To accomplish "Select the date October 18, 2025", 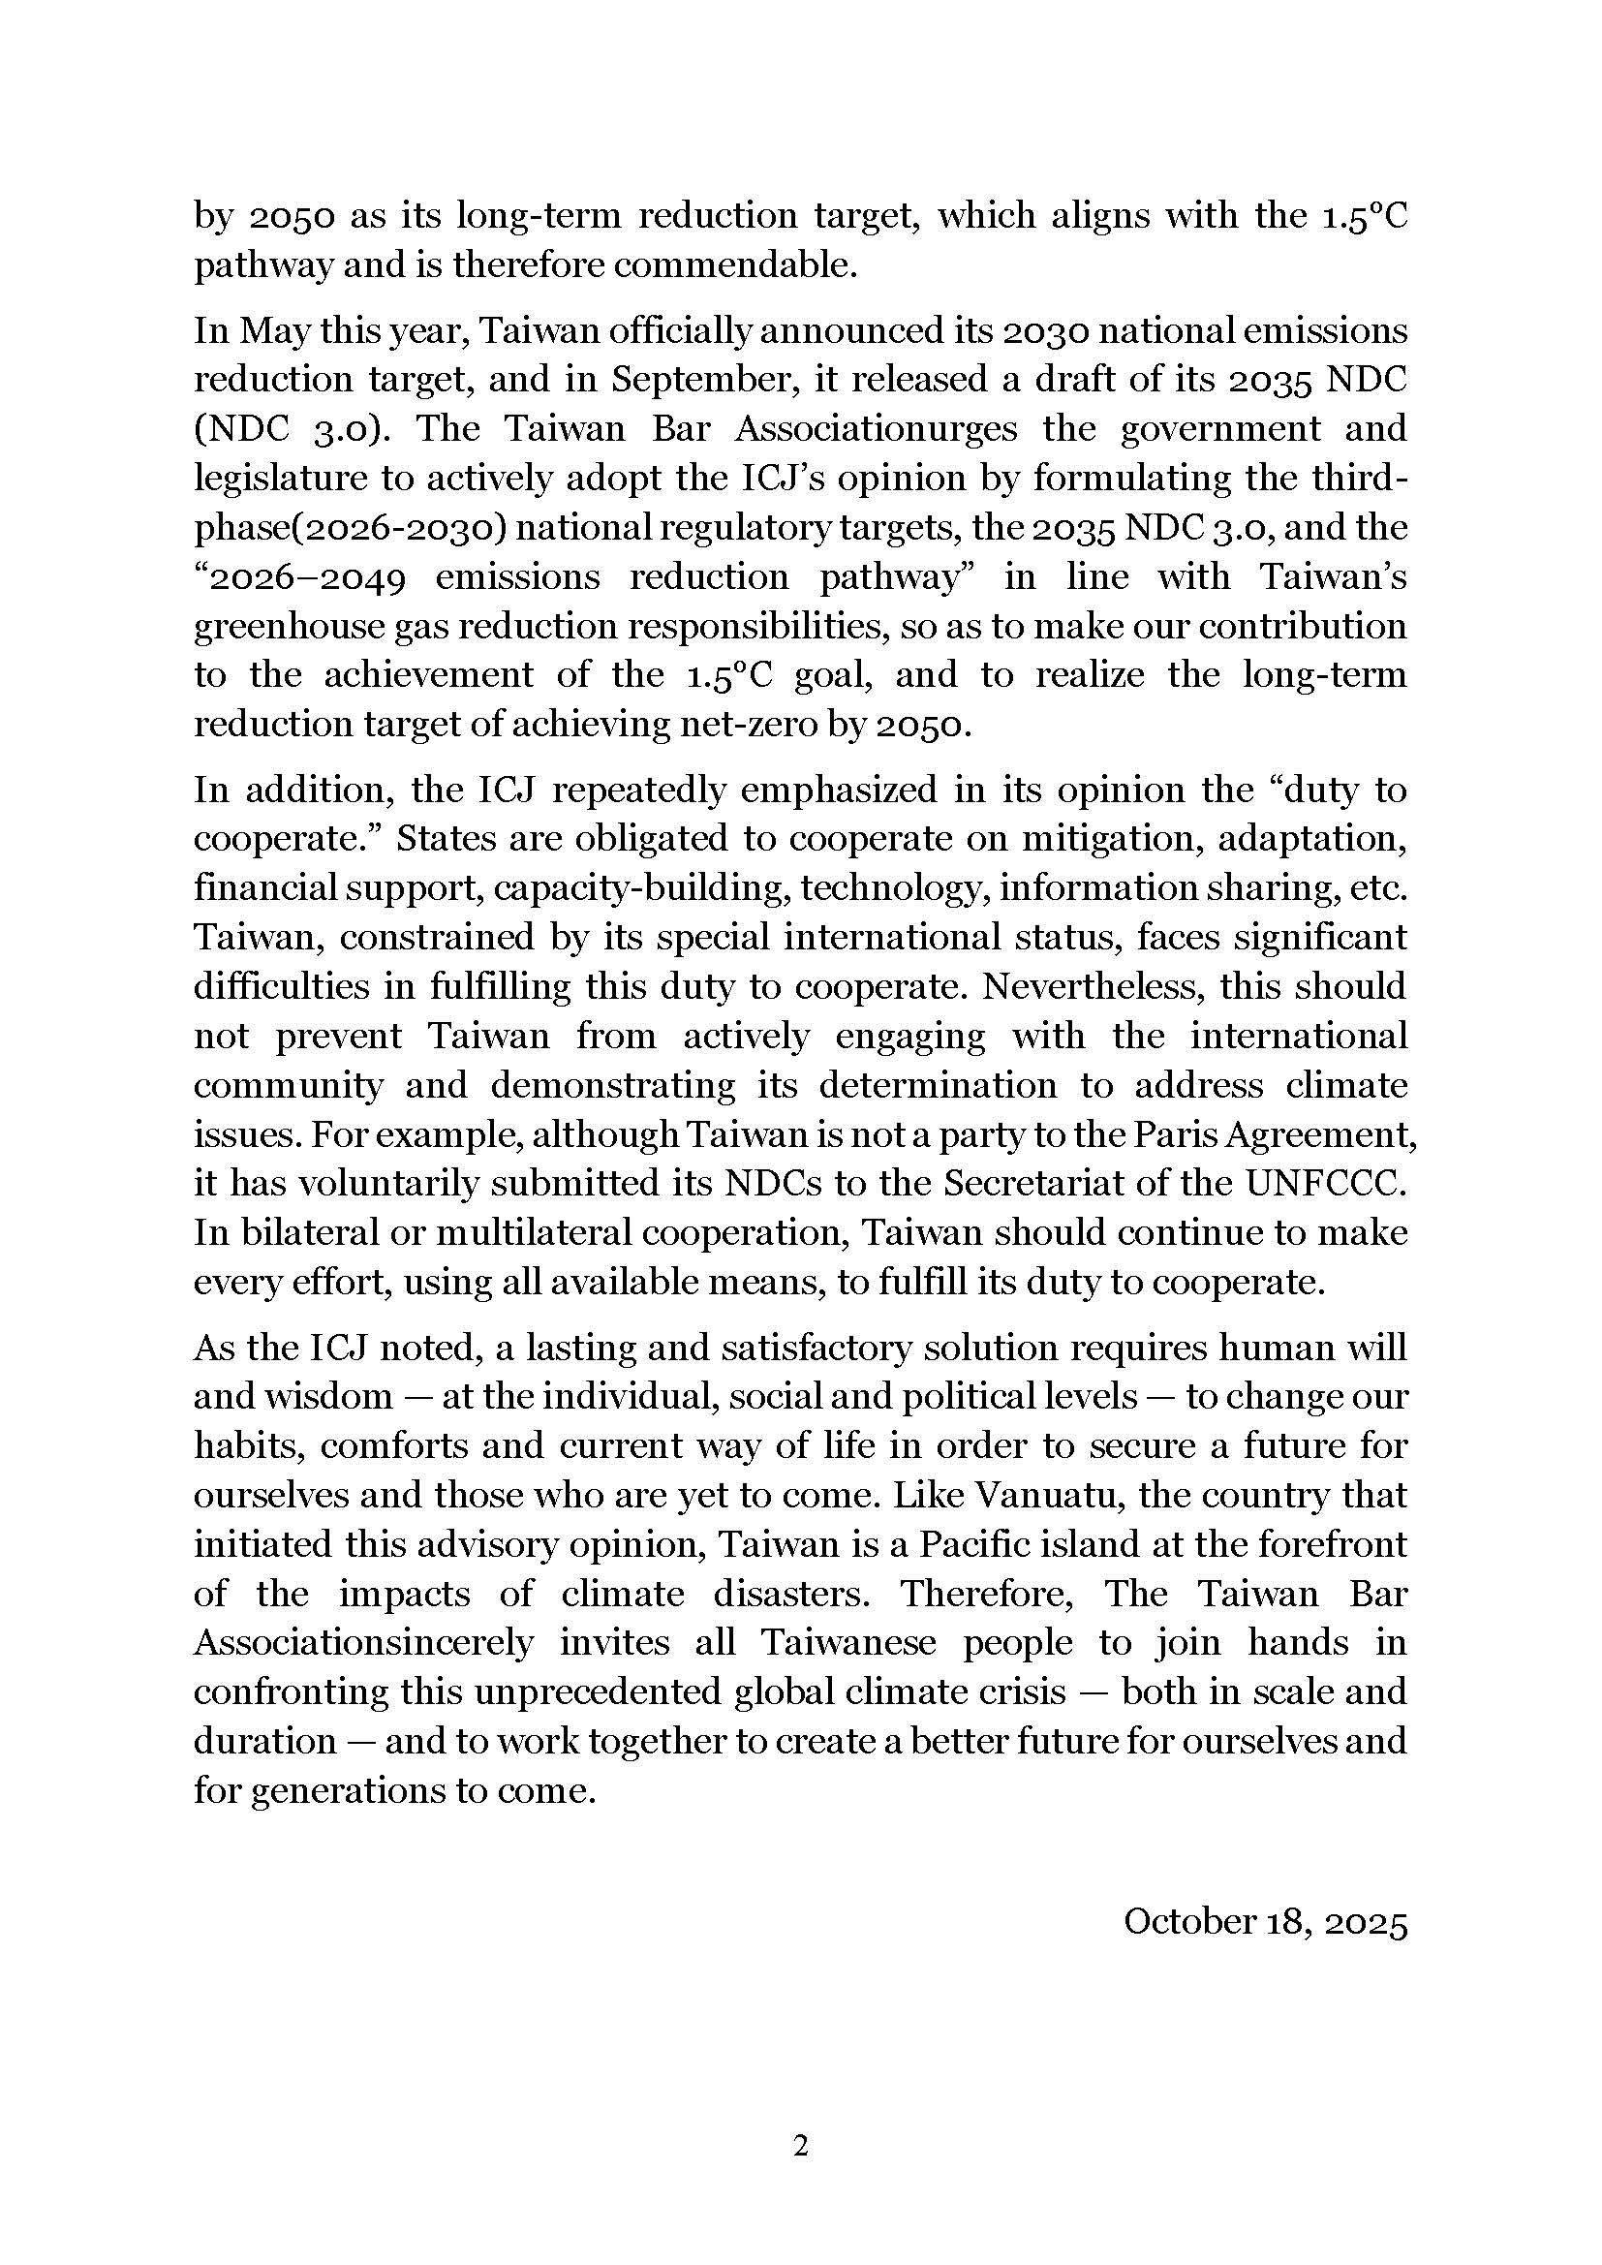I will tap(1265, 1922).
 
